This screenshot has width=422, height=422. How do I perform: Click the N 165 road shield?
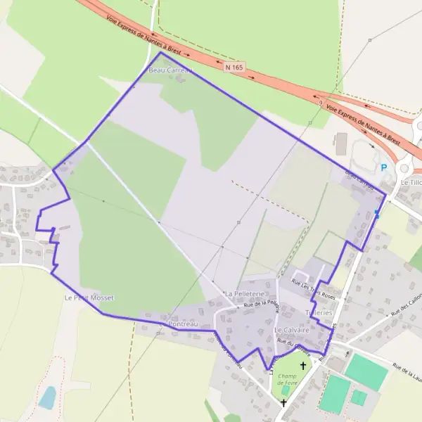(x=234, y=68)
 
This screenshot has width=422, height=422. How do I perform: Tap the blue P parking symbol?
(x=383, y=167)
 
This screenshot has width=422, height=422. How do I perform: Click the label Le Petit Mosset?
(x=89, y=298)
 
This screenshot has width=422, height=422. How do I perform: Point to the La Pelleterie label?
(x=244, y=293)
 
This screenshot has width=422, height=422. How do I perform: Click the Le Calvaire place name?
(x=288, y=329)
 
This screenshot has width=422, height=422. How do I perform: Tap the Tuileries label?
(x=319, y=312)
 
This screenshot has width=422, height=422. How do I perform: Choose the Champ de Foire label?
(x=286, y=379)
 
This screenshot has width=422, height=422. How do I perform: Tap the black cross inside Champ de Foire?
(x=303, y=366)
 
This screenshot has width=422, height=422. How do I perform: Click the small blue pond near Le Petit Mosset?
(x=47, y=397)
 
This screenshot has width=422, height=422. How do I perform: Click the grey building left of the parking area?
(x=342, y=144)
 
